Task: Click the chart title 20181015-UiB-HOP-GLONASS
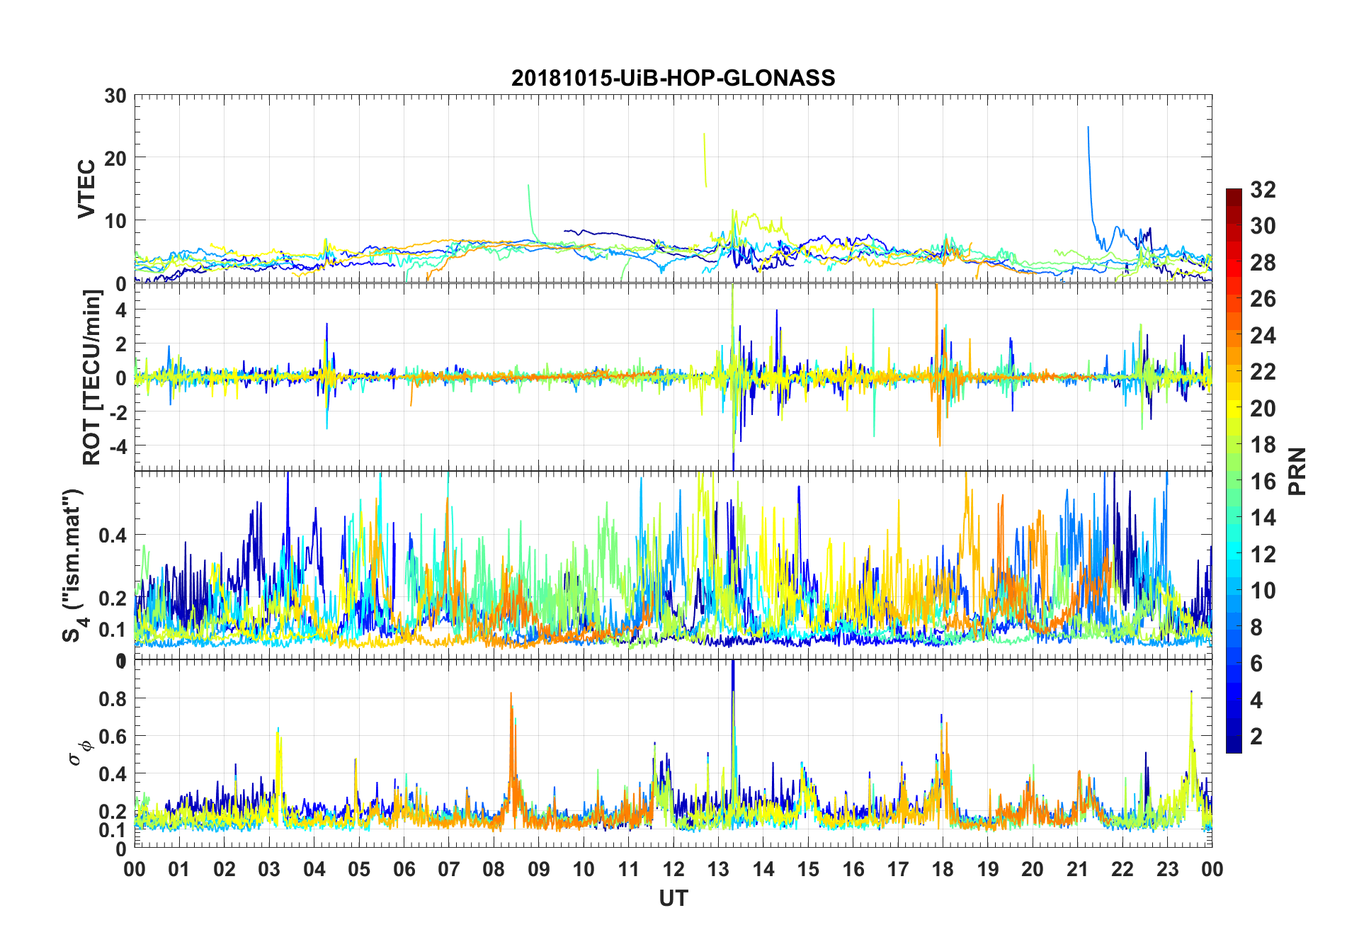click(x=673, y=78)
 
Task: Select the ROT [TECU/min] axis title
click(x=92, y=378)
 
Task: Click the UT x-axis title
click(x=673, y=899)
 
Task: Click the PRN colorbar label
click(x=1297, y=471)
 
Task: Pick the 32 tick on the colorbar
click(x=1263, y=189)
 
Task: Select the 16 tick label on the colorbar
click(x=1263, y=482)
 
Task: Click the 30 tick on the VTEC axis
click(x=115, y=96)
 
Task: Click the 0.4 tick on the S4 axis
click(x=113, y=535)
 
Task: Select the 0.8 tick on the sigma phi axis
click(x=113, y=699)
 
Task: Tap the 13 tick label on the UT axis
click(x=718, y=869)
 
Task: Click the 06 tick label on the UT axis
click(x=404, y=869)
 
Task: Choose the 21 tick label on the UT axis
click(x=1077, y=869)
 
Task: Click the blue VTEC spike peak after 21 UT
click(x=1088, y=128)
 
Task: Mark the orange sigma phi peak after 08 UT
click(x=511, y=695)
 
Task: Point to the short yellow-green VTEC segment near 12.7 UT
click(x=705, y=160)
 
